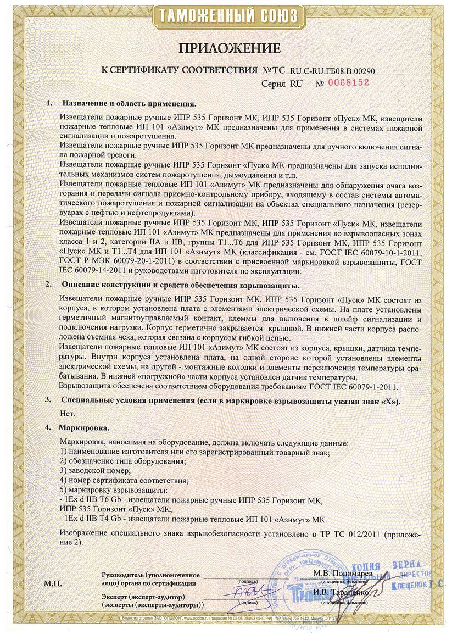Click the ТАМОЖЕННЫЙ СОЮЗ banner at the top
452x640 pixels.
click(226, 15)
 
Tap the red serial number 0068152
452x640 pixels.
click(348, 82)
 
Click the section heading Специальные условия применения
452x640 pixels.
click(231, 401)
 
